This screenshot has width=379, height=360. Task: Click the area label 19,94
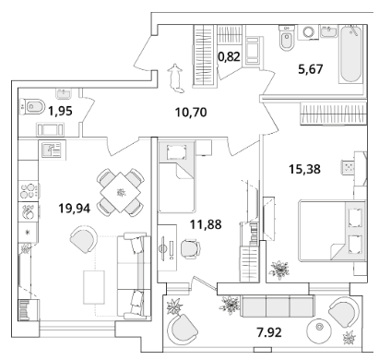(x=75, y=209)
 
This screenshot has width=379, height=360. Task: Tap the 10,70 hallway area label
(x=191, y=113)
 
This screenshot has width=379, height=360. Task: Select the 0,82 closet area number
(x=229, y=56)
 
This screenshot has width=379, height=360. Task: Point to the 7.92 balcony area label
(x=269, y=332)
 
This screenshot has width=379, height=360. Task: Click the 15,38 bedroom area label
(x=304, y=169)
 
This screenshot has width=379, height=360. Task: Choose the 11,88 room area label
(x=206, y=224)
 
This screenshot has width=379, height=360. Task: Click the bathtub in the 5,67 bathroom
(x=350, y=54)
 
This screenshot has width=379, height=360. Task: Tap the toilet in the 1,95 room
(x=32, y=106)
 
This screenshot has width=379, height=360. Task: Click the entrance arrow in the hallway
(x=175, y=78)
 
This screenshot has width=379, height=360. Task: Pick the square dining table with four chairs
(x=121, y=193)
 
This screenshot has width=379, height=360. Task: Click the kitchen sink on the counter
(x=52, y=150)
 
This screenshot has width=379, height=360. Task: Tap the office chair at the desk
(x=190, y=248)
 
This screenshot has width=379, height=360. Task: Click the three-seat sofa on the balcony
(x=277, y=306)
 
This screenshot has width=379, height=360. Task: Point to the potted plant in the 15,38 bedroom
(x=279, y=270)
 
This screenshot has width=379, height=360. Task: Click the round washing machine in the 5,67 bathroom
(x=308, y=32)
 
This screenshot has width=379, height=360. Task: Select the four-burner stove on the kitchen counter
(x=29, y=191)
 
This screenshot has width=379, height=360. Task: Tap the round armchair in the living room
(x=83, y=239)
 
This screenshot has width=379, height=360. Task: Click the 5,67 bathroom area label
(x=311, y=69)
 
